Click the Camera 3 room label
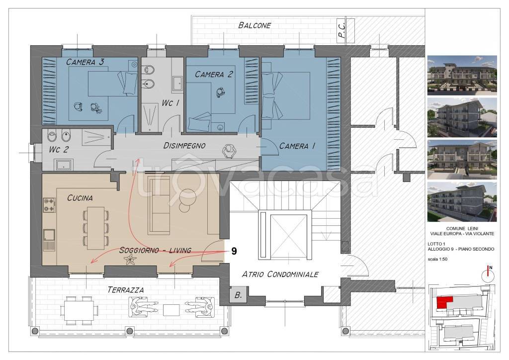click(85, 62)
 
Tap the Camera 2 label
click(214, 75)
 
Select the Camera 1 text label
click(297, 146)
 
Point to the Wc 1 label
click(170, 103)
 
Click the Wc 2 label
click(59, 150)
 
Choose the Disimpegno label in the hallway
click(184, 145)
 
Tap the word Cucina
click(80, 198)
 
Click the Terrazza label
click(125, 289)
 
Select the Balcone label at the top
click(254, 25)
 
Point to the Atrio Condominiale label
click(280, 274)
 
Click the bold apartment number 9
click(234, 251)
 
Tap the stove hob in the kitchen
click(49, 205)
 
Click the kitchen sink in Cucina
click(49, 240)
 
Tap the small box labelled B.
click(238, 295)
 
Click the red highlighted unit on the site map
click(444, 302)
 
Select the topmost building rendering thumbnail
click(462, 75)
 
